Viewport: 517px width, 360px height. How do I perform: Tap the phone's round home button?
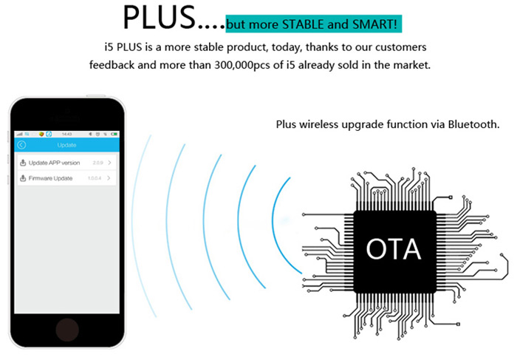(67, 328)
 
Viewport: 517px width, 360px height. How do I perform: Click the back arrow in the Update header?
(21, 145)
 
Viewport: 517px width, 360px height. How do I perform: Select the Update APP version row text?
(54, 163)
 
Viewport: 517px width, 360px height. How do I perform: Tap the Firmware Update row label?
(50, 178)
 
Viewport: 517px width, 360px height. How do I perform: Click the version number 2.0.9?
(97, 163)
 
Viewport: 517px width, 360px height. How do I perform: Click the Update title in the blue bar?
(66, 145)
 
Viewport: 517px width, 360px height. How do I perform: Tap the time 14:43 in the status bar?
(66, 134)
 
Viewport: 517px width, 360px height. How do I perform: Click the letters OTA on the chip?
(394, 248)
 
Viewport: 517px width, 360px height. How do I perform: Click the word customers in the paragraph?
(400, 47)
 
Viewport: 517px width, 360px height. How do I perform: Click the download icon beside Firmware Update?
(23, 178)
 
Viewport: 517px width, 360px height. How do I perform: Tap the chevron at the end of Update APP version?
(110, 163)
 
